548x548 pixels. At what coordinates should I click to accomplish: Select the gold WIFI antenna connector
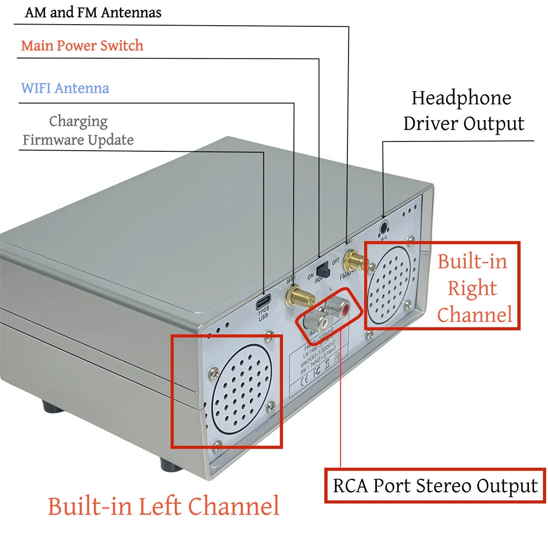(299, 296)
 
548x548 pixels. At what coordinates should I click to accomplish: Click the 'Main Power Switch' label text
(82, 45)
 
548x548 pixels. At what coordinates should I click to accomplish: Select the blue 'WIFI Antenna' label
(65, 88)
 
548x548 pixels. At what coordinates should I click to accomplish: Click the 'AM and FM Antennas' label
(93, 13)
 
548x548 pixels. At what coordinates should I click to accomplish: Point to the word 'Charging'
(78, 121)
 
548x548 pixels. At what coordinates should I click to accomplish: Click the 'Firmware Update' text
(78, 140)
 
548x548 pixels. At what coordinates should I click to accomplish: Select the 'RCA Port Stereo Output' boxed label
(436, 486)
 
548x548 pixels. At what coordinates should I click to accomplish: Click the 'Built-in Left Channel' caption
(163, 506)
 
